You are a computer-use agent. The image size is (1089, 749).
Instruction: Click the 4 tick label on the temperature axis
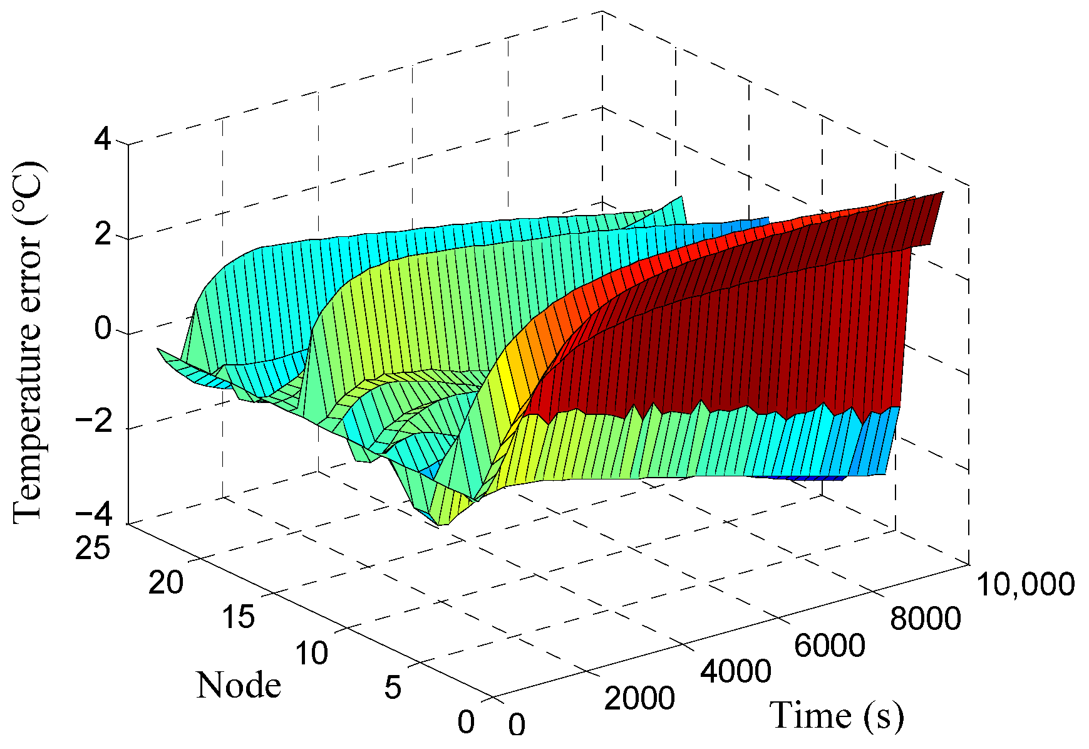103,139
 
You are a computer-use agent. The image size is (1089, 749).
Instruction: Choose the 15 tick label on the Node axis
238,617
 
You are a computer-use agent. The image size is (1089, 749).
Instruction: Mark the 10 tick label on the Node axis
311,653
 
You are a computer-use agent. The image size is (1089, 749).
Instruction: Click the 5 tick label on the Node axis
392,688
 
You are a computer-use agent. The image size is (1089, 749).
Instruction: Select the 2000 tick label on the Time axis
639,698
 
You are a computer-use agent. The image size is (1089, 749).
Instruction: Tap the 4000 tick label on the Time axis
735,671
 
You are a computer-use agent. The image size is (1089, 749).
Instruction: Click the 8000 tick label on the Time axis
925,619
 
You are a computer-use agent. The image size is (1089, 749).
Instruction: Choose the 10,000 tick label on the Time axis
1025,584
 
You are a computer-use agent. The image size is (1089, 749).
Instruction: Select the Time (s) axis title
837,715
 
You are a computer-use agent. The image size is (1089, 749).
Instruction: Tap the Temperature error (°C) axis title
28,342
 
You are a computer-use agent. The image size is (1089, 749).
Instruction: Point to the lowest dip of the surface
441,523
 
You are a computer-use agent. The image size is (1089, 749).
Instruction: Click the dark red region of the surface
720,351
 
